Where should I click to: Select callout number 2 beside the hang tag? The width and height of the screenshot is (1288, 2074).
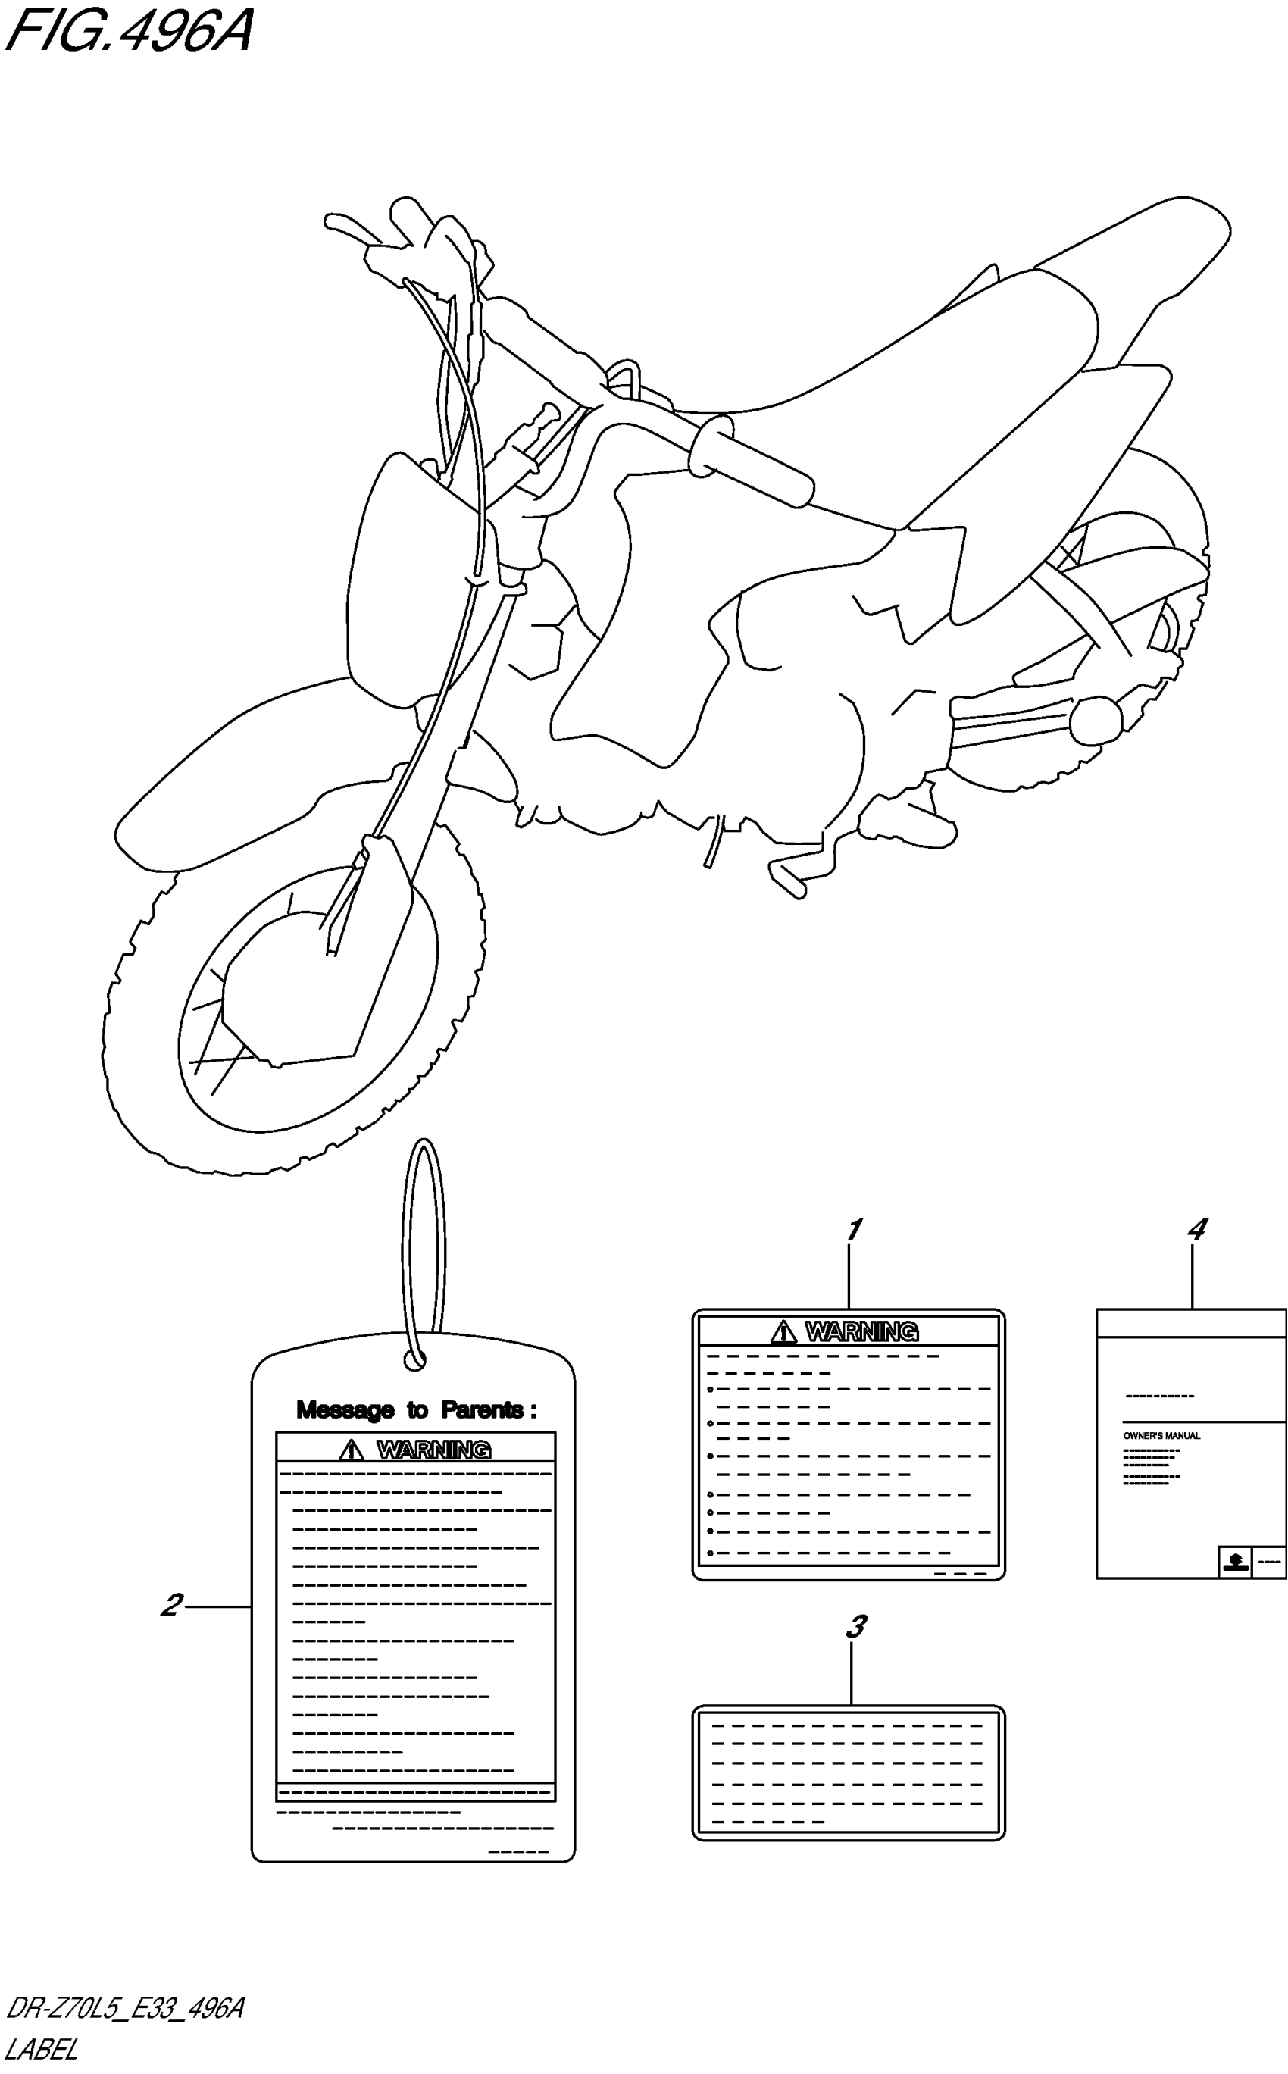pos(172,1605)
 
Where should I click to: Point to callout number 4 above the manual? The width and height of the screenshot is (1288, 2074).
pos(1197,1229)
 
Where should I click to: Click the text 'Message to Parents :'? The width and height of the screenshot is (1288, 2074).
pos(416,1409)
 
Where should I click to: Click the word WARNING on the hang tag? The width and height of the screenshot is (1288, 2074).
pos(433,1450)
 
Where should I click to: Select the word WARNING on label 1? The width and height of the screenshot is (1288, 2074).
pos(862,1331)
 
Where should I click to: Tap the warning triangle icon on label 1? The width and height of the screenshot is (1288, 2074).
pos(783,1331)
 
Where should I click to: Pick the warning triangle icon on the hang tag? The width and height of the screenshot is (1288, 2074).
pos(351,1450)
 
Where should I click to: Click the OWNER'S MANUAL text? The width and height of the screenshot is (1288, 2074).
pos(1161,1435)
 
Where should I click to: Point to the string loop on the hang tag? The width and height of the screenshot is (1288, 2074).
pos(424,1235)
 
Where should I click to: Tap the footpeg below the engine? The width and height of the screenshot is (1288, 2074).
pos(788,877)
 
